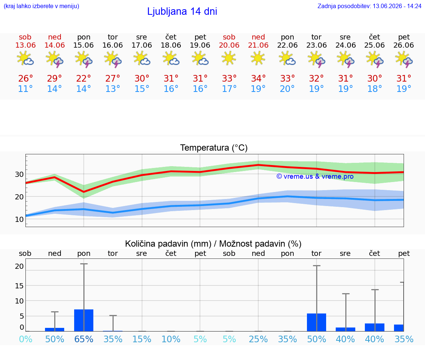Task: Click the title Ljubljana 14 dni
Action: point(182,11)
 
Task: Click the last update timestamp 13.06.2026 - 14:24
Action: point(397,6)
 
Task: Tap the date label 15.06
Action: point(83,45)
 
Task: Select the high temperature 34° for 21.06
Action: point(258,78)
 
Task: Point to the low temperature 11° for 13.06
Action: point(25,89)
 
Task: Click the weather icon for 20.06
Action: point(229,58)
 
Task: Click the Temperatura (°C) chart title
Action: point(214,148)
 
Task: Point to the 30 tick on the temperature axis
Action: point(19,174)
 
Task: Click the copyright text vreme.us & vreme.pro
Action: point(315,176)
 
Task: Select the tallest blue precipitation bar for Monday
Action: point(84,320)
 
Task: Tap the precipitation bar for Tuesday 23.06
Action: point(317,323)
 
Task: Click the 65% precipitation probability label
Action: point(84,339)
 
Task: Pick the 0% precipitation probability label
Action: point(26,339)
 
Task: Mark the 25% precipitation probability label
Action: point(258,339)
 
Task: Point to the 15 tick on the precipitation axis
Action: point(19,286)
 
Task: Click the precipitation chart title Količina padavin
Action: point(168,244)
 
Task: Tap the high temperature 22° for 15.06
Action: point(83,78)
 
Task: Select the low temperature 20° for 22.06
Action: point(287,89)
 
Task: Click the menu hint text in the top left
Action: point(41,6)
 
